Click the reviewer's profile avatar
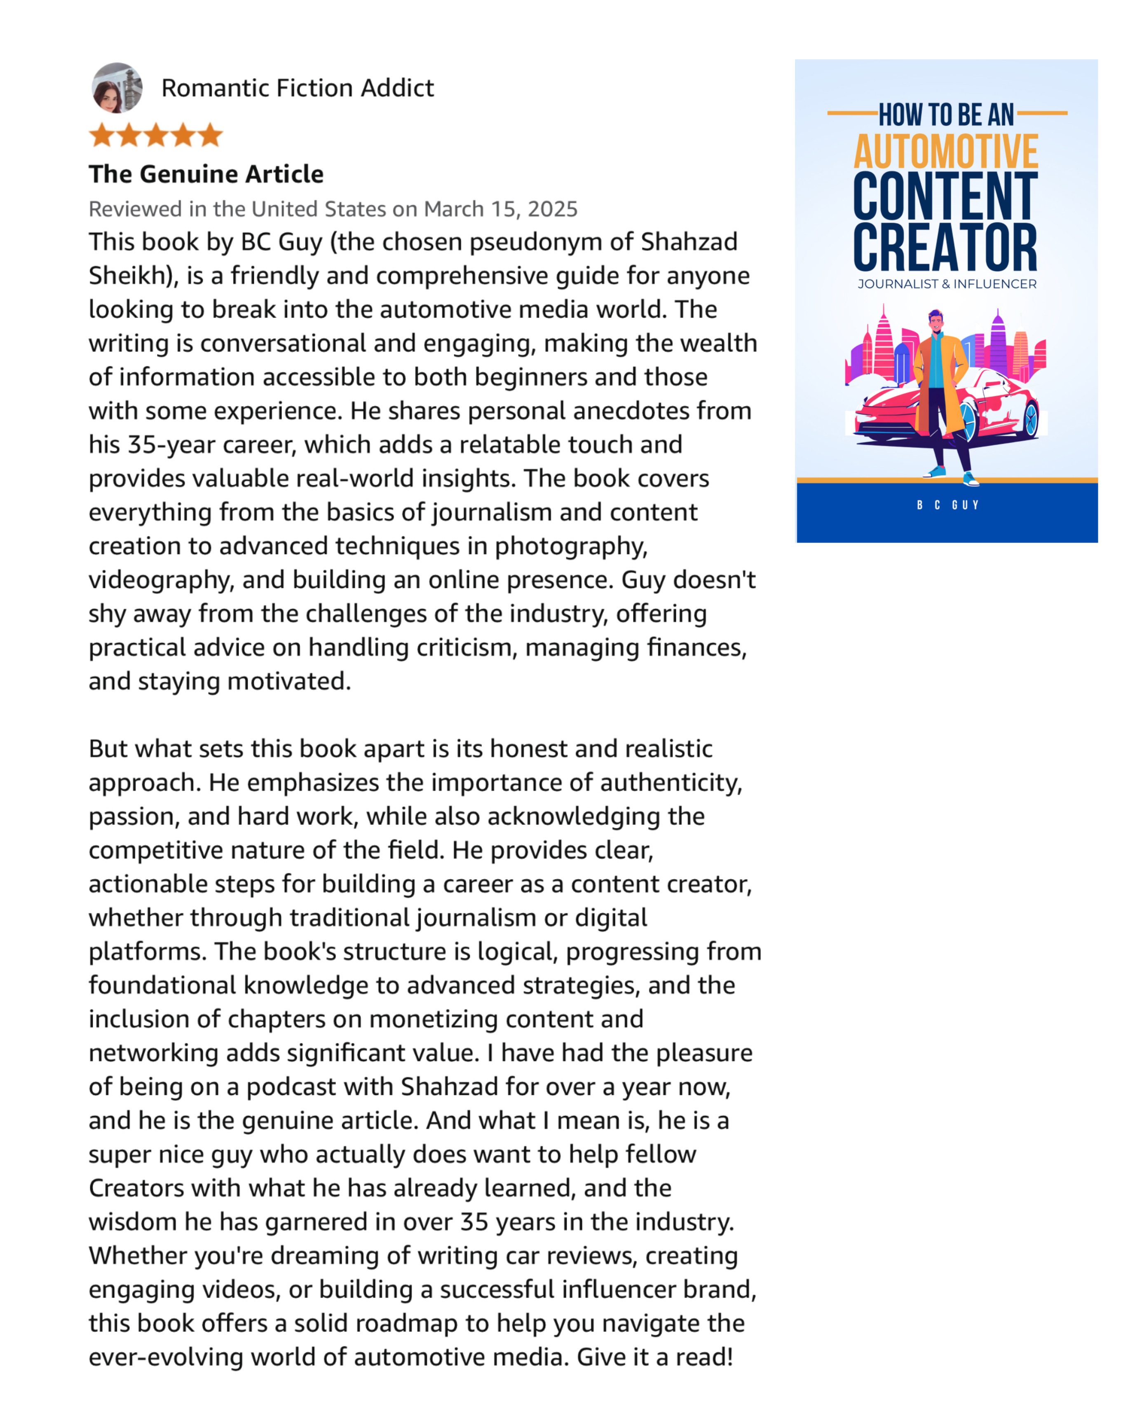[x=117, y=88]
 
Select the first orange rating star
[x=102, y=135]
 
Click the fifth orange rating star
[x=210, y=135]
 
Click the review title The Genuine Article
[x=206, y=174]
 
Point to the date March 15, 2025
[x=500, y=209]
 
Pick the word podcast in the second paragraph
[x=319, y=1087]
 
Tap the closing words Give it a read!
[x=655, y=1357]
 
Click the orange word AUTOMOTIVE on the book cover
[x=945, y=152]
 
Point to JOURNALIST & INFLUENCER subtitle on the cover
[x=947, y=284]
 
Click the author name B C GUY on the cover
[x=947, y=505]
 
